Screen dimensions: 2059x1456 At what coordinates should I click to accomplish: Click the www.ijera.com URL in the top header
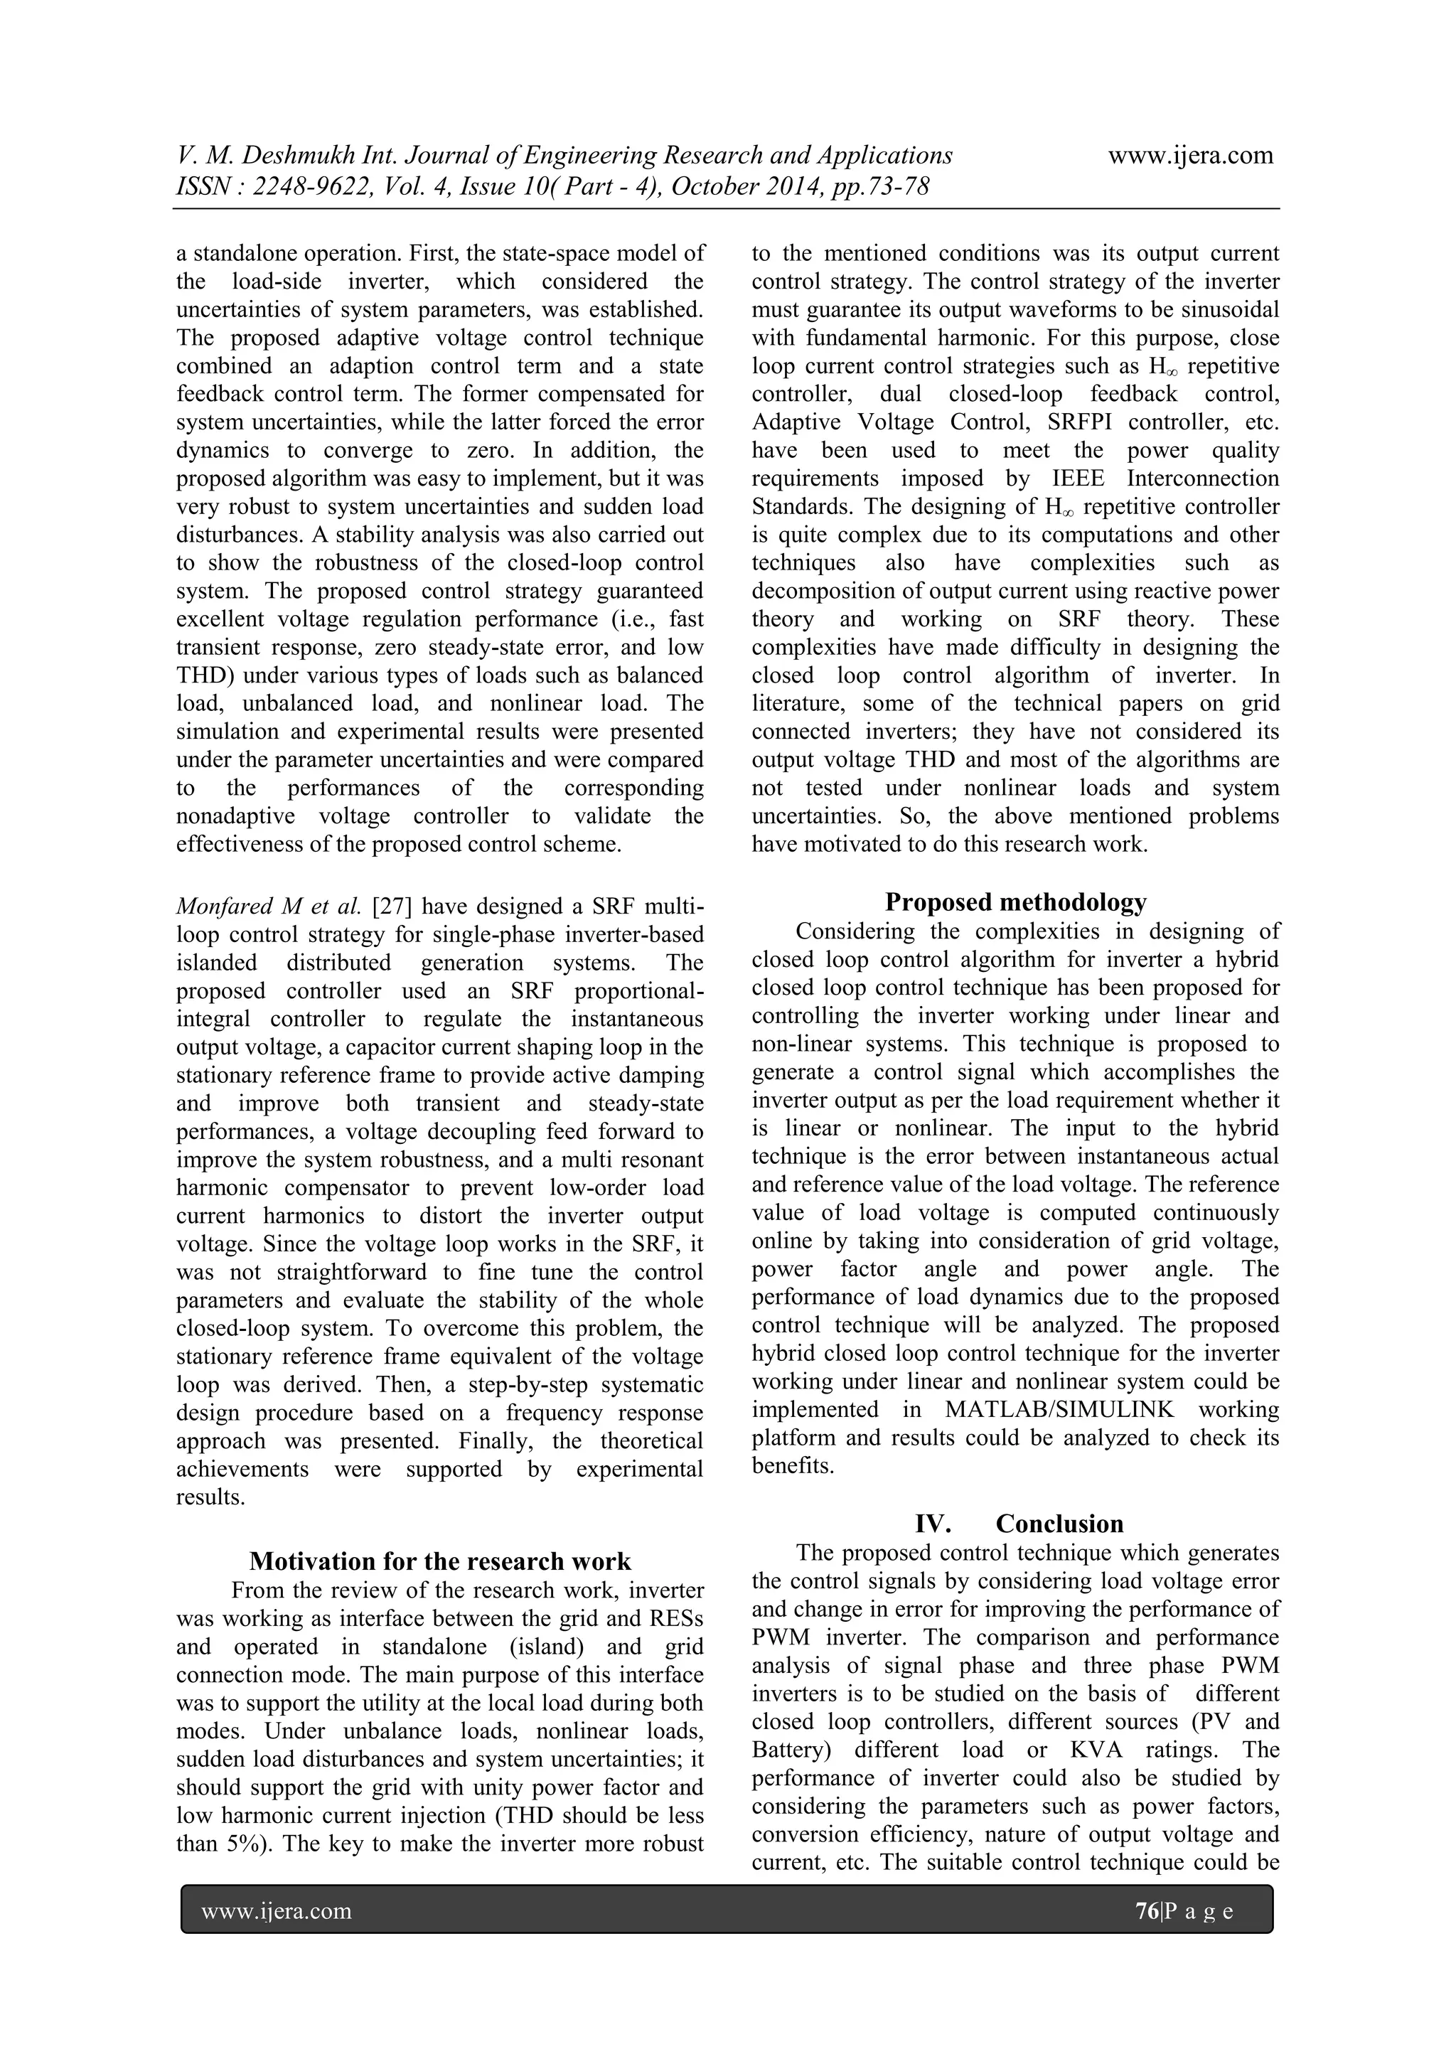[1189, 155]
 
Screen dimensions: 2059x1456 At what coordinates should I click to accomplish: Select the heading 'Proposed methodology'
[1015, 902]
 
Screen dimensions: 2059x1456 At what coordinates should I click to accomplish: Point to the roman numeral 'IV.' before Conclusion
[933, 1524]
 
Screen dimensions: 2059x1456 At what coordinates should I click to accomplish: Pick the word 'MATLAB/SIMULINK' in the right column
[1059, 1410]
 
